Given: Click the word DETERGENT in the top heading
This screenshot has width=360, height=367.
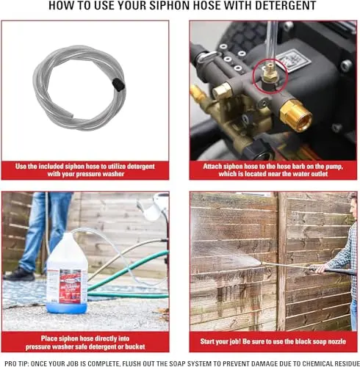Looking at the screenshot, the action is (286, 5).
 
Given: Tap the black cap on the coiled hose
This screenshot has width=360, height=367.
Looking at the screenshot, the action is (118, 84).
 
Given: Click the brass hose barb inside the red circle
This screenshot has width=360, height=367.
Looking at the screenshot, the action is (270, 73).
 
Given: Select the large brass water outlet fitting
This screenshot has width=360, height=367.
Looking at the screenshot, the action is (296, 115).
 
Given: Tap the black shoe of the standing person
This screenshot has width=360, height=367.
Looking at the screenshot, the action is (19, 275).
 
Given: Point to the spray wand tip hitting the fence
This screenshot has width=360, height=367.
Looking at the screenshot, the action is (262, 264).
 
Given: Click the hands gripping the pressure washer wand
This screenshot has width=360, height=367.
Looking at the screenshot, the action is (317, 269).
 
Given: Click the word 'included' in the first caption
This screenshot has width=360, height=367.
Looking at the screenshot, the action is (51, 167).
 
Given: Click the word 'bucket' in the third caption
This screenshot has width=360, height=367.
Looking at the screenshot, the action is (135, 346).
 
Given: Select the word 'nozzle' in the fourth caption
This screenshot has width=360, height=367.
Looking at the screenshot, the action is (336, 341).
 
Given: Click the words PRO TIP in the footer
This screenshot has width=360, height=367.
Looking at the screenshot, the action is (16, 363).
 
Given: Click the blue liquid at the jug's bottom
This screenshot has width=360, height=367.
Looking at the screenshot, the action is (67, 308).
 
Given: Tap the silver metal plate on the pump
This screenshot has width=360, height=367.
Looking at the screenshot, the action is (293, 60).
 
